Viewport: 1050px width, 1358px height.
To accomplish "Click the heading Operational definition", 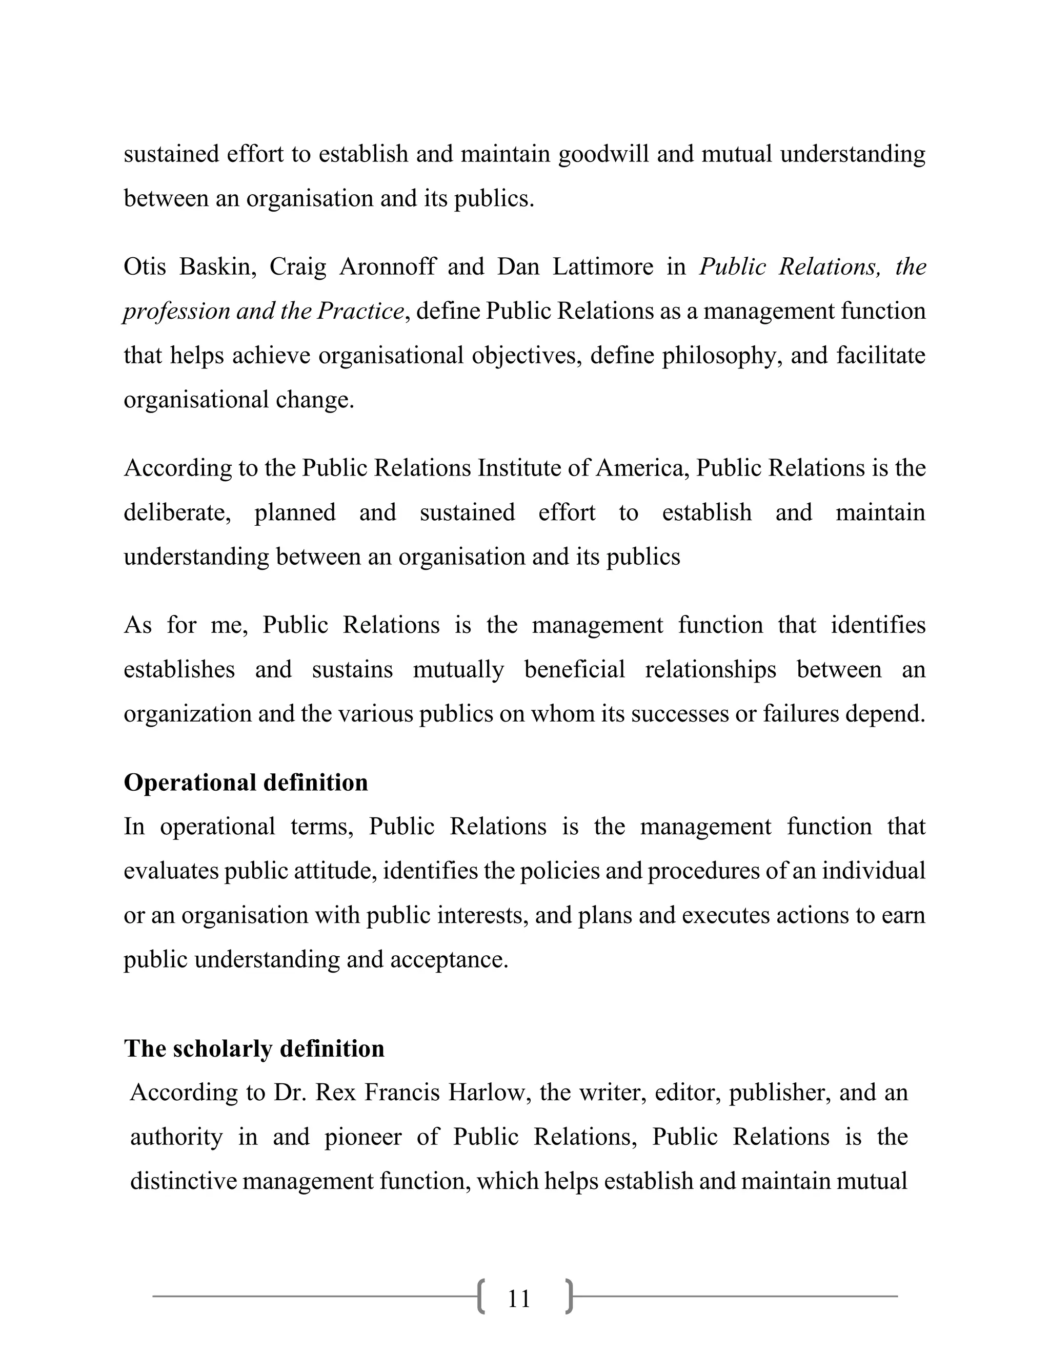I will [x=246, y=782].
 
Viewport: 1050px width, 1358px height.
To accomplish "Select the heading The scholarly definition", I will [x=254, y=1048].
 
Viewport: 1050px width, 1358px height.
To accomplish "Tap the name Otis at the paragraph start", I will [x=144, y=267].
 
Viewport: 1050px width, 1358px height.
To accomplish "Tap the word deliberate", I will [x=177, y=512].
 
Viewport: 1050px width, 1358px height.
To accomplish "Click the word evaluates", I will [x=170, y=871].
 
